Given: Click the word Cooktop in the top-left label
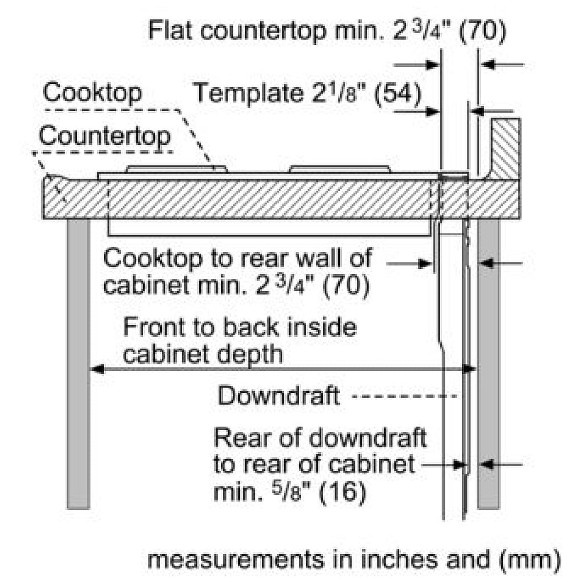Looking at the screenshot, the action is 92,93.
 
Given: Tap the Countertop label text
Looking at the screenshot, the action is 105,136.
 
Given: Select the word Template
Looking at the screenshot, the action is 248,93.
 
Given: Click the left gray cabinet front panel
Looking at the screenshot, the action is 79,364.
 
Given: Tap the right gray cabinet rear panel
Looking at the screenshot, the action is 488,364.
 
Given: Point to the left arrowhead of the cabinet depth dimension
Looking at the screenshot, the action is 97,370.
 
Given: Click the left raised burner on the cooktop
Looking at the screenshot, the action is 177,169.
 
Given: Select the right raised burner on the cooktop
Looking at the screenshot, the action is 340,169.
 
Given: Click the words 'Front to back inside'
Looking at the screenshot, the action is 240,327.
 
